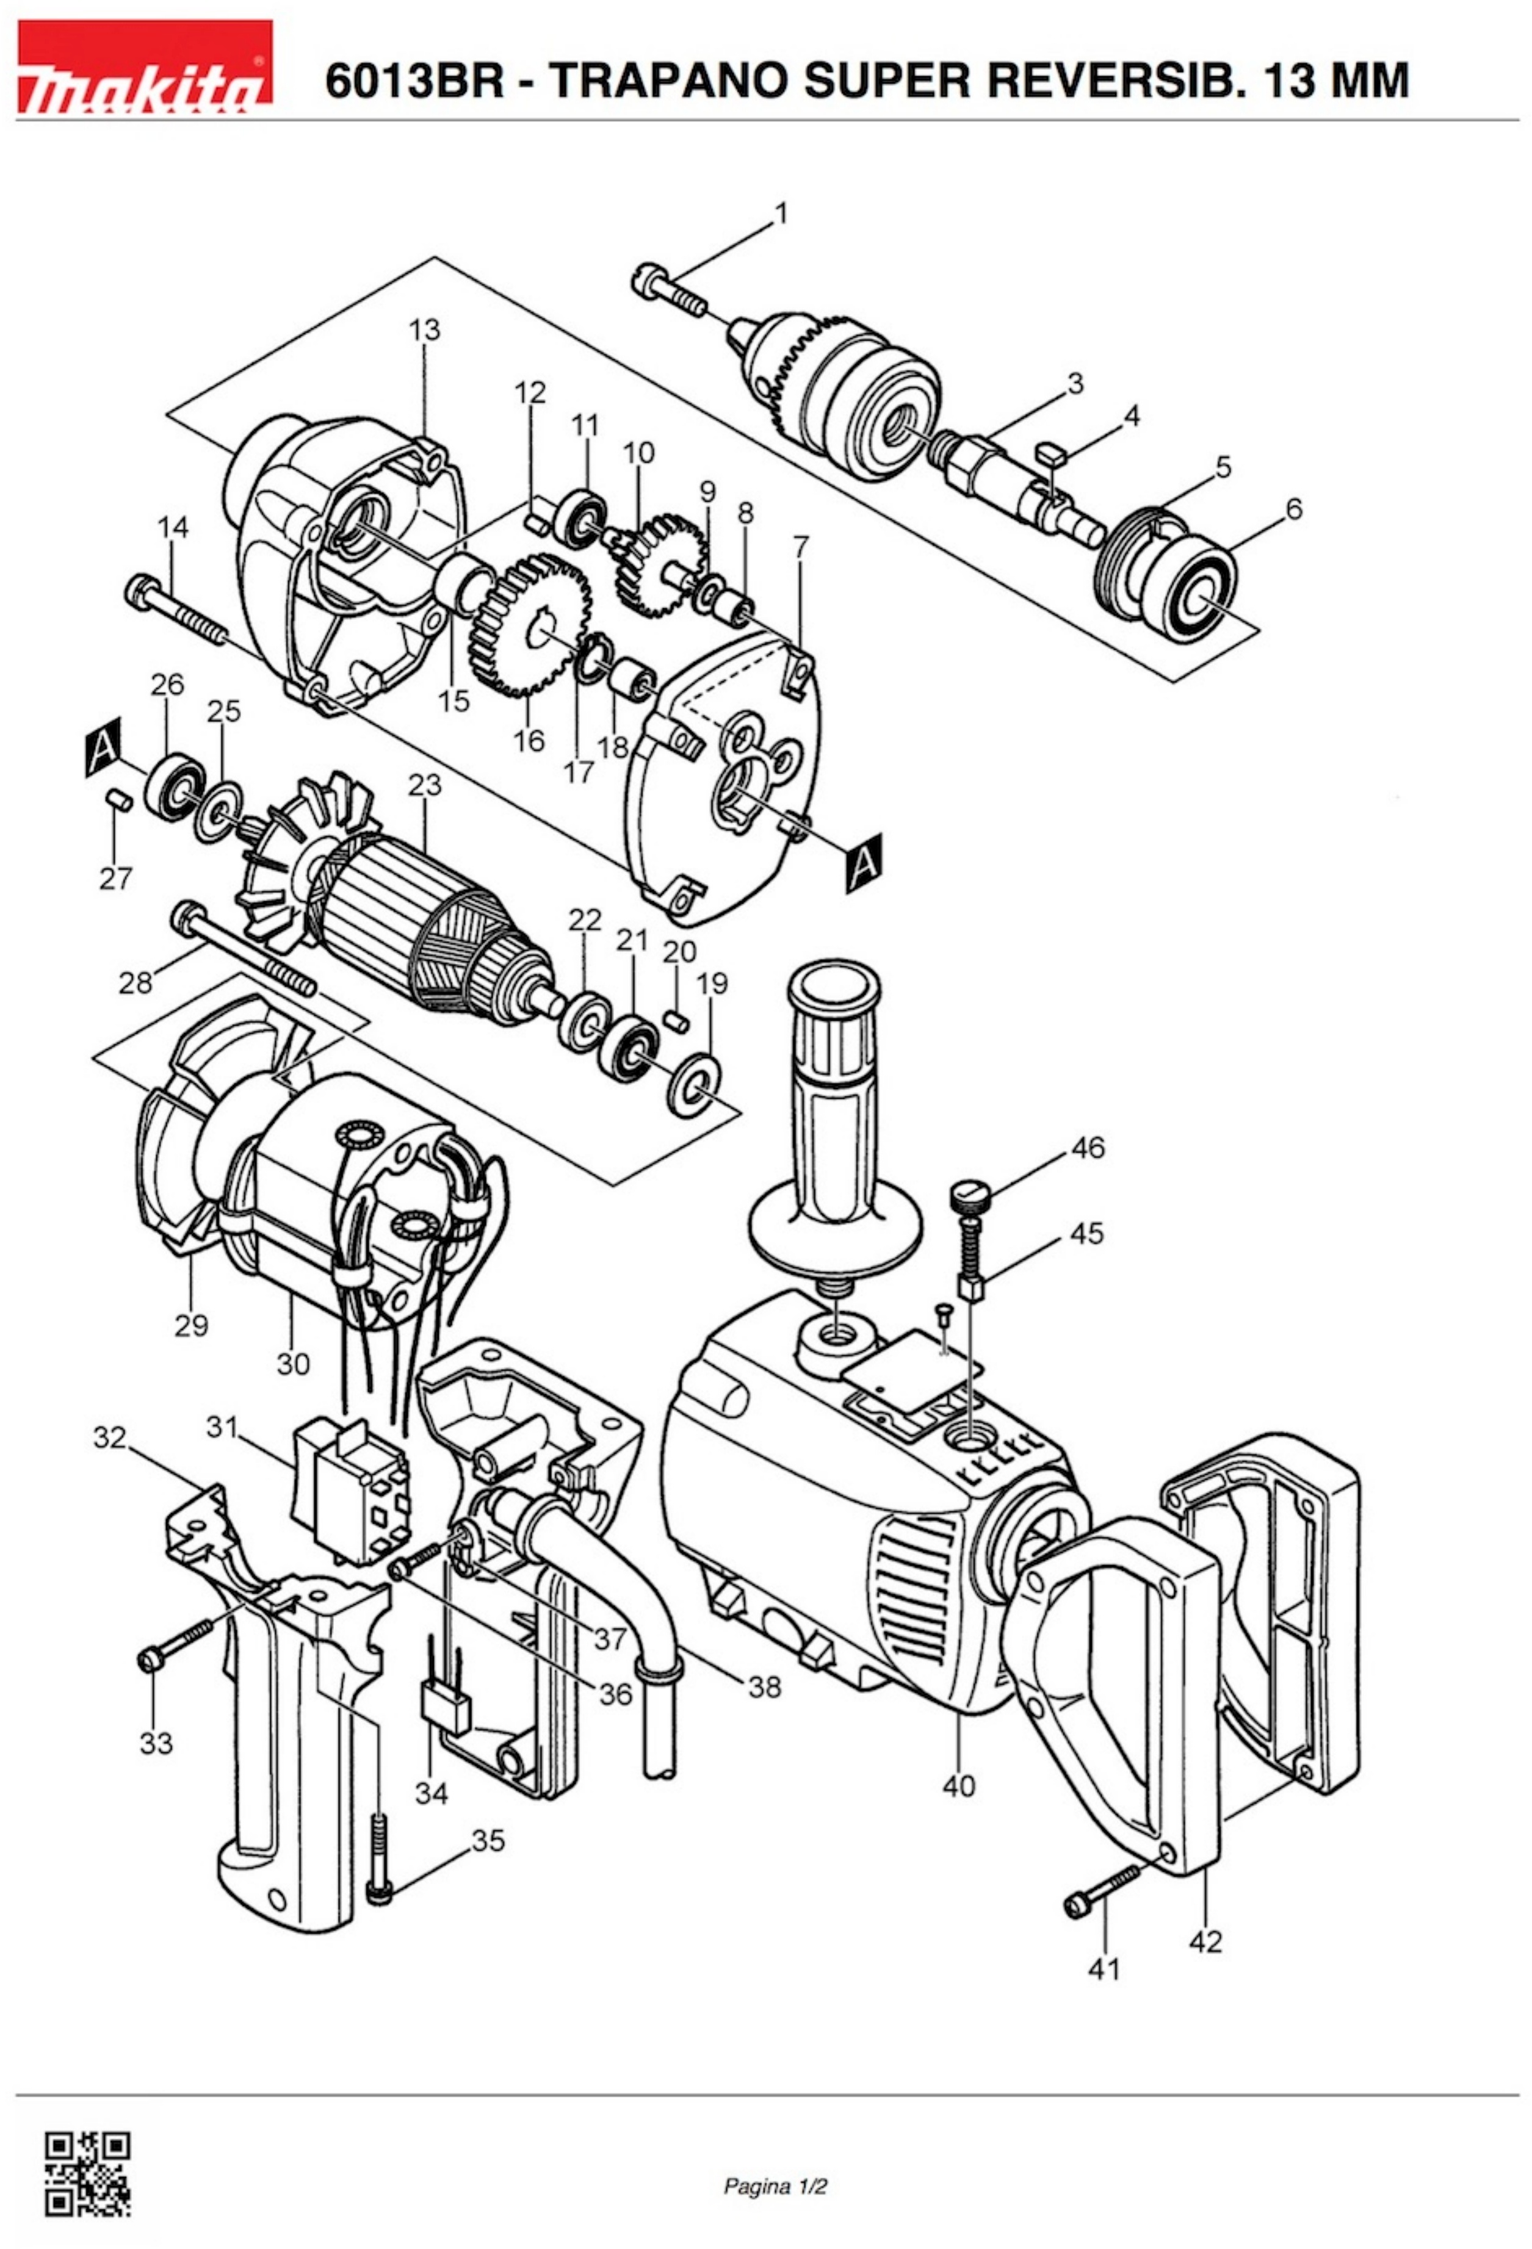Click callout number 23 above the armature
coord(424,784)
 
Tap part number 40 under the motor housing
coord(959,1785)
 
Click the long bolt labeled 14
coord(177,610)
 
